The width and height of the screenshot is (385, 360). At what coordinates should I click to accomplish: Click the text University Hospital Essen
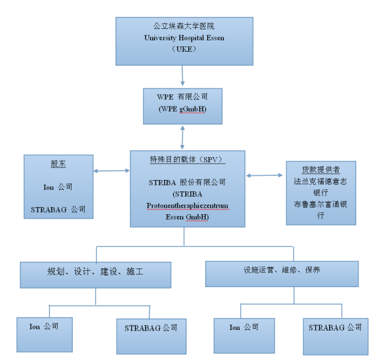pos(181,37)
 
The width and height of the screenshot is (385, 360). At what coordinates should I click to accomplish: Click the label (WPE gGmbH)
pos(181,108)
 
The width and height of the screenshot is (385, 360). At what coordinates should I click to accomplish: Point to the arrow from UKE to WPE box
pos(182,75)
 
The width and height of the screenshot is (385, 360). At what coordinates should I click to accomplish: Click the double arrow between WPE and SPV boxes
pos(182,137)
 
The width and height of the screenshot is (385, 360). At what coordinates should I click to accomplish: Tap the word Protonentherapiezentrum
pos(187,205)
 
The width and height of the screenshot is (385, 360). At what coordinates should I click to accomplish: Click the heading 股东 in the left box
pos(58,164)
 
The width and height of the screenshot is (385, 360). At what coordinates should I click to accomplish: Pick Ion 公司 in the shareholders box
pos(58,187)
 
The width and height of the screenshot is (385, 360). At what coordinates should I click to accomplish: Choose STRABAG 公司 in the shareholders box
pos(58,210)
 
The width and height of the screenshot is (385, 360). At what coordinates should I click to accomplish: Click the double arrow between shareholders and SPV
pos(112,171)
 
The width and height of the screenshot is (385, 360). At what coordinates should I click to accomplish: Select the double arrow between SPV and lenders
pos(265,175)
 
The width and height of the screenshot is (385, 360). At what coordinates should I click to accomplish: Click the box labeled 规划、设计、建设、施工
pos(96,275)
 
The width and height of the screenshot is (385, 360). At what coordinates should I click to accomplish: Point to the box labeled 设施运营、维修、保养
pos(282,273)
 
